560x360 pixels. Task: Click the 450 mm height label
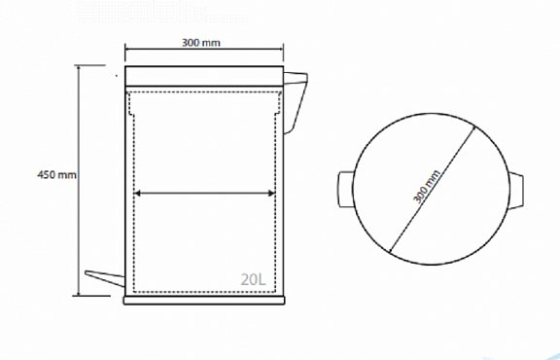[x=56, y=175]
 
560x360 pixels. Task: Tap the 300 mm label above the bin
[x=201, y=43]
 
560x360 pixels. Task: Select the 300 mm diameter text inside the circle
[x=427, y=187]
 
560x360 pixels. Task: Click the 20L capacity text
[x=253, y=279]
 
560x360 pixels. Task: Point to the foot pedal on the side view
[x=105, y=276]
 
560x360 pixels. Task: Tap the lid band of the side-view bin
[x=204, y=76]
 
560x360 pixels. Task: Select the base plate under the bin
[x=204, y=301]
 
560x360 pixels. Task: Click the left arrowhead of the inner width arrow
[x=137, y=194]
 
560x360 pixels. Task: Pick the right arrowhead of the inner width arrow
[x=271, y=194]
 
